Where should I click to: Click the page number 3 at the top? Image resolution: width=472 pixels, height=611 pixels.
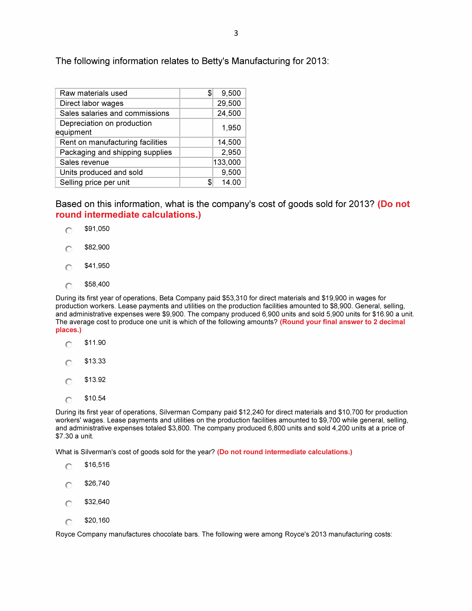(x=236, y=33)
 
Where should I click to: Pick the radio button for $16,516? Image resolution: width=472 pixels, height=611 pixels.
(x=69, y=466)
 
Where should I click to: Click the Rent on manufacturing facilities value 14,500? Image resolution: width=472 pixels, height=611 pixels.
(x=229, y=142)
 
